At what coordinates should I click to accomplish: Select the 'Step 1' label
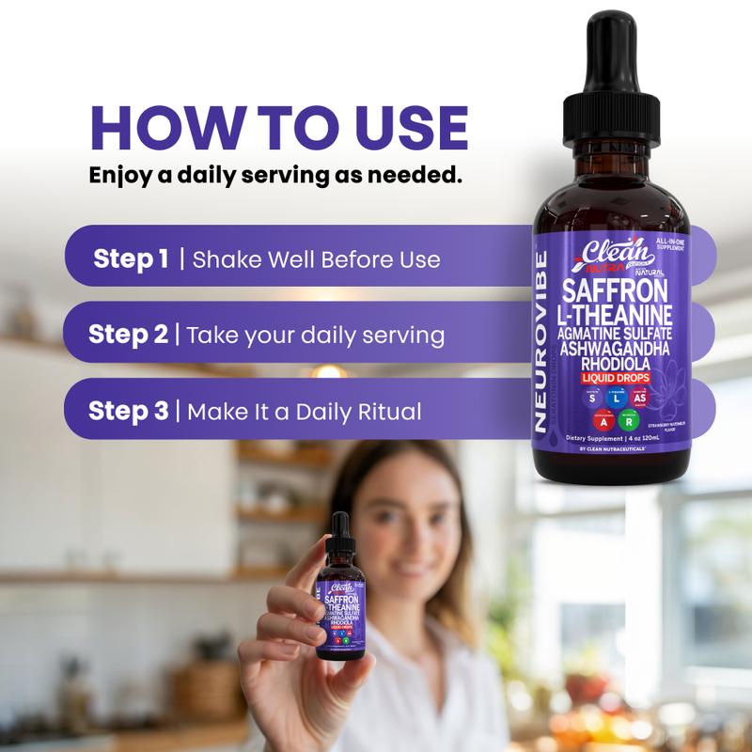click(132, 258)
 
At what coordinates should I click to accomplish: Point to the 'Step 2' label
click(129, 335)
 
